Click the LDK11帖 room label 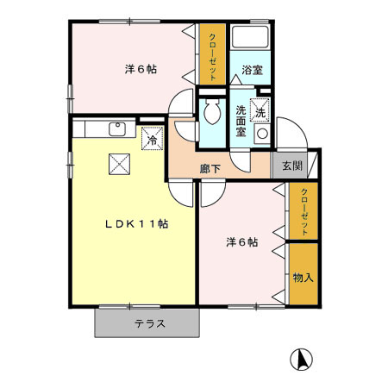pyautogui.click(x=136, y=223)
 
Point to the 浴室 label pyautogui.click(x=252, y=69)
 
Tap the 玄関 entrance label pyautogui.click(x=291, y=166)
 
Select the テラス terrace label pyautogui.click(x=149, y=324)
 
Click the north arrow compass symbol pyautogui.click(x=302, y=357)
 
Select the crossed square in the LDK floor pyautogui.click(x=116, y=164)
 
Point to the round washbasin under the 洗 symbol pyautogui.click(x=261, y=135)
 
